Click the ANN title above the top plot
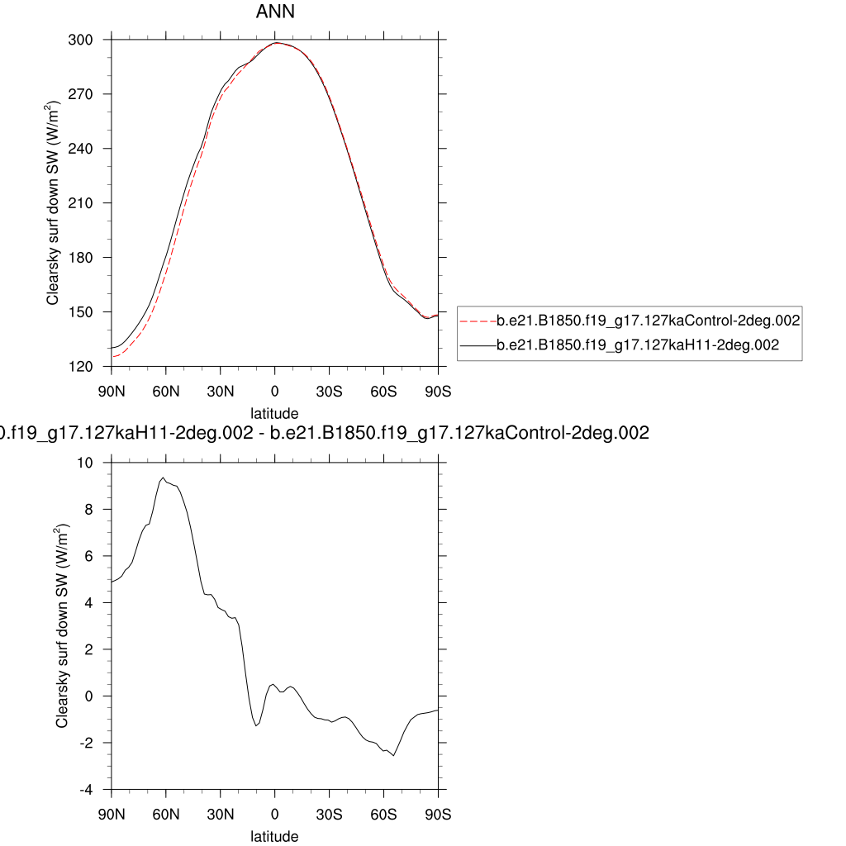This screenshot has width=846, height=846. point(274,13)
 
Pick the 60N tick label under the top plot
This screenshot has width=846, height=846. point(165,388)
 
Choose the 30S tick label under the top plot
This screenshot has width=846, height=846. point(329,388)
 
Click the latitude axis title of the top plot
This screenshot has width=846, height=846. point(274,412)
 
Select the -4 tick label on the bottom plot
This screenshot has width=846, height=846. point(97,789)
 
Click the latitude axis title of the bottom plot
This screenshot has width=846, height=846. point(274,836)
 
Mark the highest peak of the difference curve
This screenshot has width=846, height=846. point(164,478)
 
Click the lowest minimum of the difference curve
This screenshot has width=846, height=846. point(393,755)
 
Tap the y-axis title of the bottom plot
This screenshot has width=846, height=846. point(63,625)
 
